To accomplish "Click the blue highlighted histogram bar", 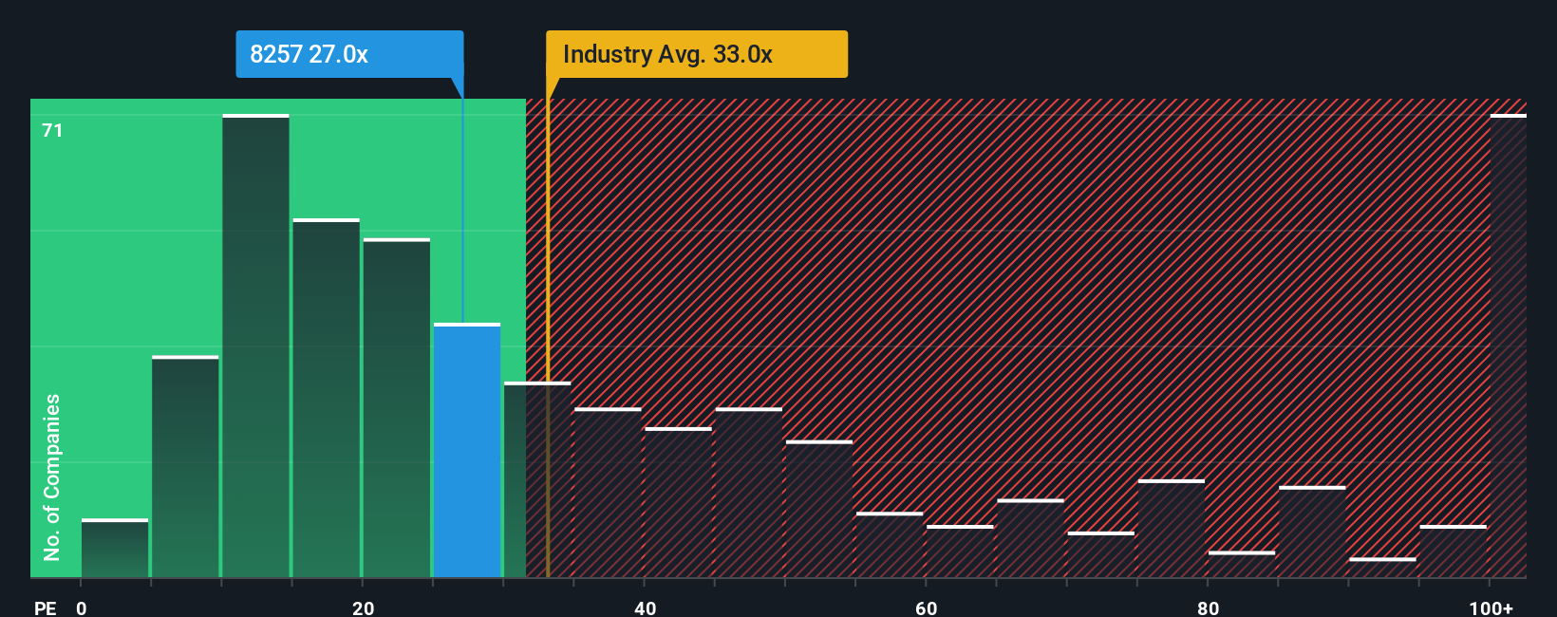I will tap(467, 451).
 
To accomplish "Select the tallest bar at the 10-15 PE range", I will tap(255, 346).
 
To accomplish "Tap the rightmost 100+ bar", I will tap(1508, 346).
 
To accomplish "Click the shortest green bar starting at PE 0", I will tap(115, 549).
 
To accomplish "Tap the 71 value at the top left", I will tap(52, 130).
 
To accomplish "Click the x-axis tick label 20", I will tap(363, 608).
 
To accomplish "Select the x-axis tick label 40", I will tap(645, 608).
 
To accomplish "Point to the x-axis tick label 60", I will tap(926, 608).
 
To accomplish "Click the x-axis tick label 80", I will tap(1208, 608).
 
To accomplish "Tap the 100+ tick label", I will tap(1491, 608).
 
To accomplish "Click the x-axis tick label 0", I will tap(82, 608).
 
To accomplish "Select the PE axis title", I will tap(45, 608).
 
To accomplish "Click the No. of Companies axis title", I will tap(51, 477).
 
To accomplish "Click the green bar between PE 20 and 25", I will tap(396, 408).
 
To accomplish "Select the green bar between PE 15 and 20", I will tap(326, 399).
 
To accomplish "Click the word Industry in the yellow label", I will tap(608, 54).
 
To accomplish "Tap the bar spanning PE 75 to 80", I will tap(1172, 530).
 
